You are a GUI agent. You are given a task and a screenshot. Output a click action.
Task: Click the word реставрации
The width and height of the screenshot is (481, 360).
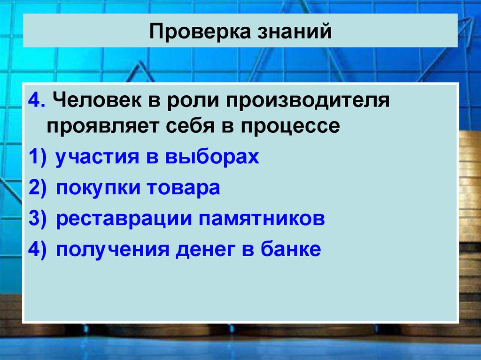point(119,219)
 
